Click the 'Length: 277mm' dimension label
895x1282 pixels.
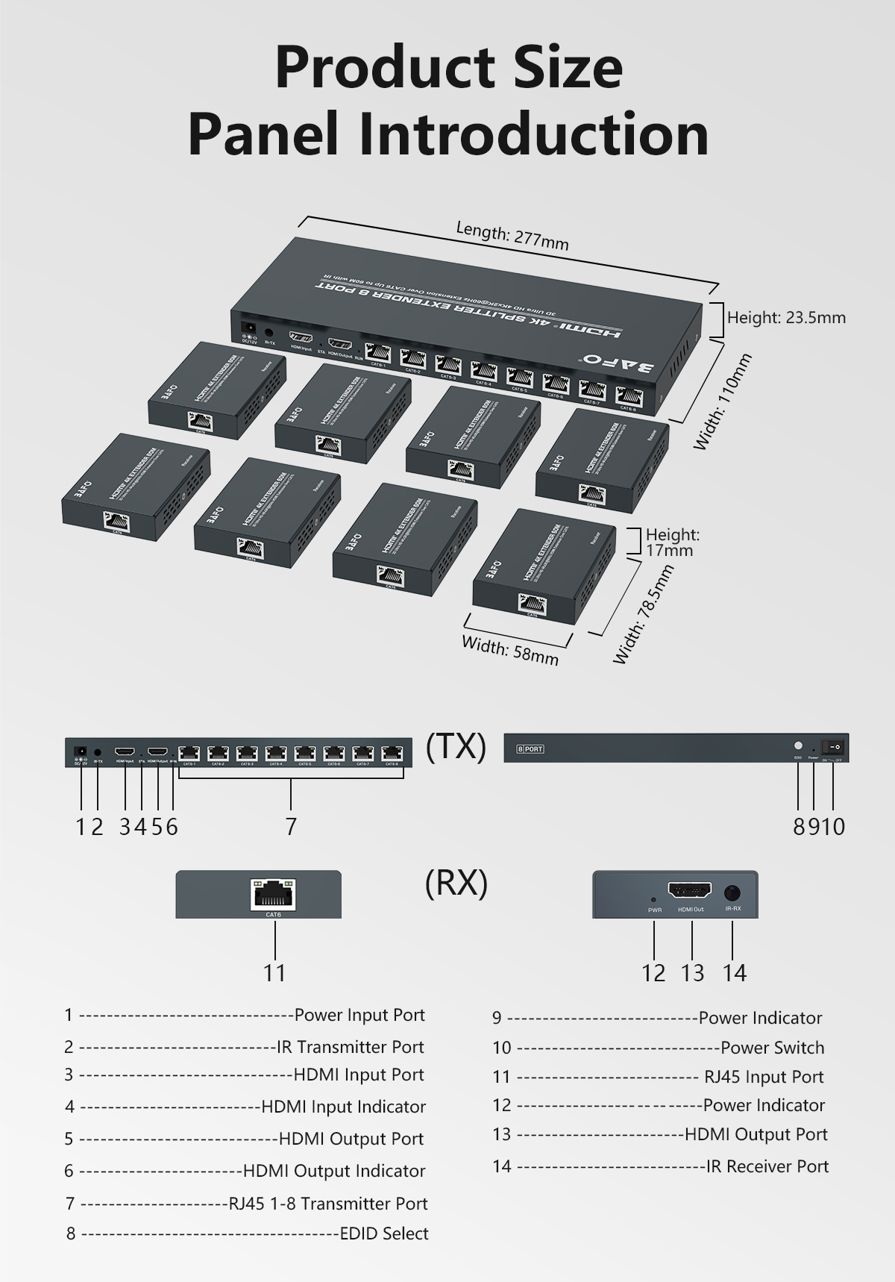(x=512, y=236)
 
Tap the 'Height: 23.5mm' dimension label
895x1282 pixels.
(x=786, y=318)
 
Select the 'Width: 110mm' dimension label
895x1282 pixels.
(x=722, y=401)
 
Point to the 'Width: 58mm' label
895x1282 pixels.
(x=510, y=649)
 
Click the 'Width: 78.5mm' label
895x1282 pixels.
(x=643, y=614)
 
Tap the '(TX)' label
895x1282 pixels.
(x=456, y=746)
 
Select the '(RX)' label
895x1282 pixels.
(x=456, y=883)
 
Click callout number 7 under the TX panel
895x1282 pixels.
(x=291, y=826)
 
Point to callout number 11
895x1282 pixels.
(x=274, y=972)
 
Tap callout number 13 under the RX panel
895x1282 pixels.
(x=692, y=972)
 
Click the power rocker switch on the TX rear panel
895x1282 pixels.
(x=834, y=745)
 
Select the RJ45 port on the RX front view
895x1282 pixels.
(x=274, y=891)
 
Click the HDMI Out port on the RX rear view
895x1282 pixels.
(x=690, y=891)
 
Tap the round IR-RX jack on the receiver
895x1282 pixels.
(x=732, y=892)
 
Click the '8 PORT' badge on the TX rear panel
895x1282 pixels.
(x=530, y=748)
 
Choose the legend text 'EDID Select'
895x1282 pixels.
(x=384, y=1233)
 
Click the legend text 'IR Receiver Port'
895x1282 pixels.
(x=767, y=1166)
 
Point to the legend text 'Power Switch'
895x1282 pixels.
(x=773, y=1048)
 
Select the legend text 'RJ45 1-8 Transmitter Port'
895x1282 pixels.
(x=328, y=1204)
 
